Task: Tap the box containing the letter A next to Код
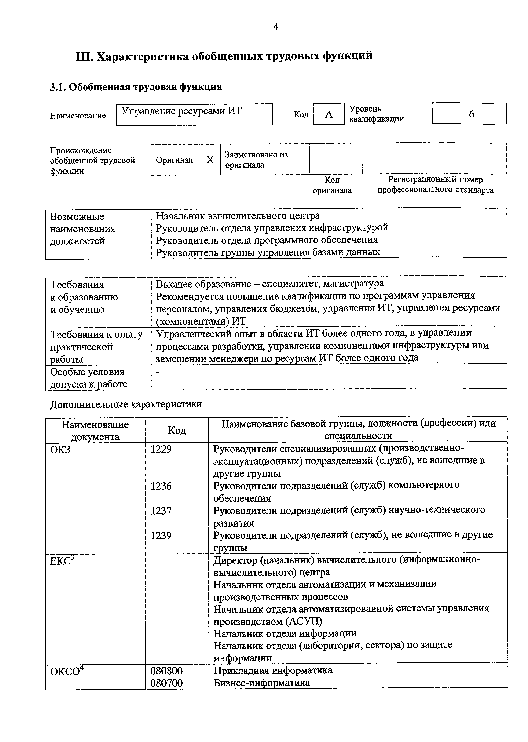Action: [x=329, y=114]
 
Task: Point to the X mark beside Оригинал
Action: [x=210, y=160]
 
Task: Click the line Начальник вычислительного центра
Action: [x=238, y=216]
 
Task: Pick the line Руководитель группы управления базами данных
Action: [x=268, y=252]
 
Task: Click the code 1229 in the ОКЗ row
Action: [x=161, y=449]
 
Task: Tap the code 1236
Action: [x=161, y=486]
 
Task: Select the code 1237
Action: [x=161, y=511]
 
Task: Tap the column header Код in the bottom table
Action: [x=177, y=431]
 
